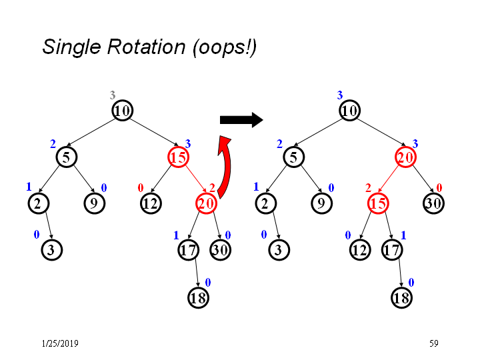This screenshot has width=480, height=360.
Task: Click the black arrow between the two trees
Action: click(x=241, y=120)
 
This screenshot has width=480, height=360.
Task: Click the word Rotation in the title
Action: click(x=146, y=47)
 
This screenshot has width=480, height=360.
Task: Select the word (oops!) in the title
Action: click(x=225, y=48)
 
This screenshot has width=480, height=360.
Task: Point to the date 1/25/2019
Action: click(x=60, y=343)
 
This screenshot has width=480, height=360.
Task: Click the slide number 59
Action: click(x=434, y=343)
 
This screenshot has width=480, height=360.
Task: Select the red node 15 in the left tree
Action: click(x=178, y=157)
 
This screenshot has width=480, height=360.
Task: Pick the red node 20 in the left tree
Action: click(x=206, y=203)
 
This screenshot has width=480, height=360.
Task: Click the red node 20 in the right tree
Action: click(x=405, y=157)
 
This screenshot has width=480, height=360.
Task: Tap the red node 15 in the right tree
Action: click(x=378, y=203)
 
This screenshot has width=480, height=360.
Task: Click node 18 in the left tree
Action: click(x=199, y=298)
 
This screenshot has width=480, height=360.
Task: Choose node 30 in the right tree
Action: click(x=433, y=203)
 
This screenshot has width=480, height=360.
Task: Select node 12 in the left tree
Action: click(x=151, y=203)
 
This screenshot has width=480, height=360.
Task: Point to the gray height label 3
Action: click(x=113, y=95)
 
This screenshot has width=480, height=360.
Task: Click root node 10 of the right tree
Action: click(x=349, y=110)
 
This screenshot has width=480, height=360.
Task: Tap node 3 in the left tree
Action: click(x=52, y=250)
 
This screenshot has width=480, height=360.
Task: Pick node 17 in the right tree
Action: click(x=392, y=250)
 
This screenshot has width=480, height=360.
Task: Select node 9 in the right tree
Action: click(x=322, y=203)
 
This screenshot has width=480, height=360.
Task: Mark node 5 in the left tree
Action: click(x=67, y=157)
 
